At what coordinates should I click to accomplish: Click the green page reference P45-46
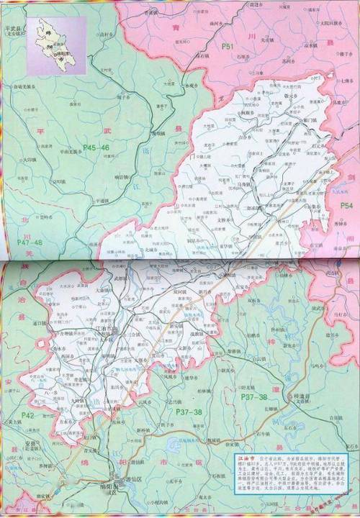pyautogui.click(x=96, y=147)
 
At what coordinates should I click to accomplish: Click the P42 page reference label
pyautogui.click(x=27, y=415)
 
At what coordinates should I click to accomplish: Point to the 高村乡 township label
pyautogui.click(x=107, y=34)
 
